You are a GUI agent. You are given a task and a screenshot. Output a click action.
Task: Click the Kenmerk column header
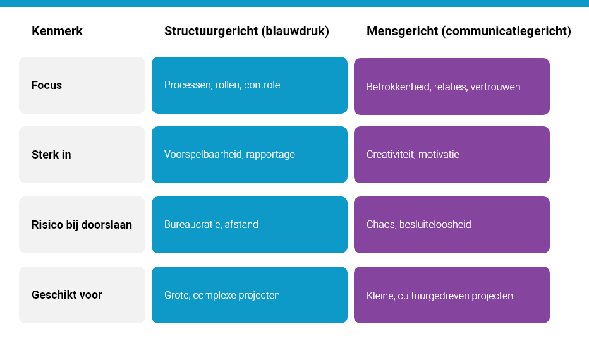coord(57,31)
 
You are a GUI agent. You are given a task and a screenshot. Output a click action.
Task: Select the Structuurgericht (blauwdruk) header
coord(246,31)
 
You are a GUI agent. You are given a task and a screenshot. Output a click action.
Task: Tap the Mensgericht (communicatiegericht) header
coord(468,31)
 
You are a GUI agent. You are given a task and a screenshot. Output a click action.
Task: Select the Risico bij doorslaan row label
coord(82,225)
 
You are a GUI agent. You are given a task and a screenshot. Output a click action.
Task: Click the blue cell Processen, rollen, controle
coord(250,85)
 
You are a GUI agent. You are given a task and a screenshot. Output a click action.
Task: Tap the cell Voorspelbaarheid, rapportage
coord(250,155)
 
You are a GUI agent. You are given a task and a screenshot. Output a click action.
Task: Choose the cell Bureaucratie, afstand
coord(250,225)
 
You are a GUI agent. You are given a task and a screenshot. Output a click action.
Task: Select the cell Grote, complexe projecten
coord(250,295)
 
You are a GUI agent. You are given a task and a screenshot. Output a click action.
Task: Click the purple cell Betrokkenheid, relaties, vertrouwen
coord(452,87)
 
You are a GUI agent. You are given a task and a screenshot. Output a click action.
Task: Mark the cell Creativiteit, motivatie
coord(452,155)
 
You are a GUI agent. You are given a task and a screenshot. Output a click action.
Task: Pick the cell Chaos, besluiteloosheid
coord(452,225)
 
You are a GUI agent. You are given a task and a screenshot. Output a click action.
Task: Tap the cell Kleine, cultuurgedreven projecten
coord(452,296)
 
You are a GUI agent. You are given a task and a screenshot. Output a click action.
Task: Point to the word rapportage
coord(272,155)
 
